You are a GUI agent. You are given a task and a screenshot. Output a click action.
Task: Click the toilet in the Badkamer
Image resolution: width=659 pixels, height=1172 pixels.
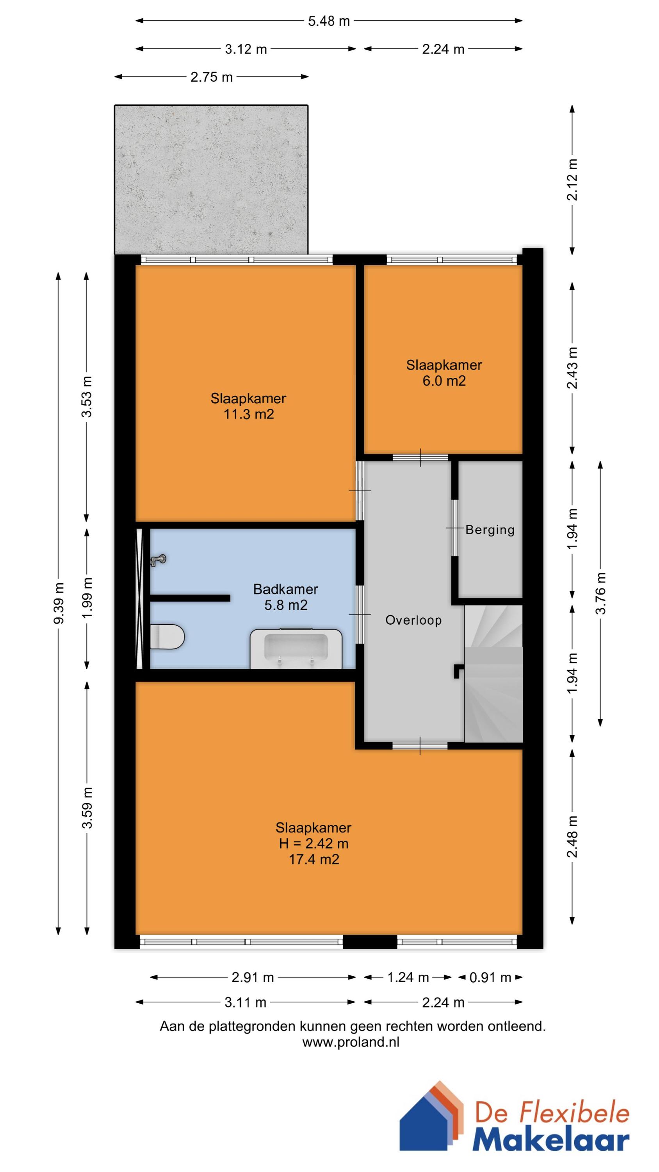[x=167, y=636]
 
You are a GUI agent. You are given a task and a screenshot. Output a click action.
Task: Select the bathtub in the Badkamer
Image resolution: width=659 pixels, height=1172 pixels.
[x=296, y=649]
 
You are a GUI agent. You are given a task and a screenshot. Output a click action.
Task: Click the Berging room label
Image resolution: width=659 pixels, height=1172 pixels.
[x=490, y=530]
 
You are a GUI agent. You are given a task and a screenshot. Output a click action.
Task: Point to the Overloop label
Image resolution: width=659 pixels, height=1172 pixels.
[x=413, y=620]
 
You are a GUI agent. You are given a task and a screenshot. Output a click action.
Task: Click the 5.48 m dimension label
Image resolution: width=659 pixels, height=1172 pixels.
[x=329, y=21]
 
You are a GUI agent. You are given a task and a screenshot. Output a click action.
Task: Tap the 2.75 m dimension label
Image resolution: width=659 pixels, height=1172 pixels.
[x=212, y=77]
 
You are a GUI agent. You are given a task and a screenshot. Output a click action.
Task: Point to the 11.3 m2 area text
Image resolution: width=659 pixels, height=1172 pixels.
[x=249, y=414]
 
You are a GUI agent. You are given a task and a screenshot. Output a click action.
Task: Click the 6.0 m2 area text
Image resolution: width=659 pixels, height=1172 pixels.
[x=444, y=381]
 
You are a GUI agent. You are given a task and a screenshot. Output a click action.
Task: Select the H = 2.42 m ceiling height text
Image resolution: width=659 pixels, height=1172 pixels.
[x=314, y=843]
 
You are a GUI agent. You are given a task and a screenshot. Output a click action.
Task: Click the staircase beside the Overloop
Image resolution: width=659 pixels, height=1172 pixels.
[x=493, y=674]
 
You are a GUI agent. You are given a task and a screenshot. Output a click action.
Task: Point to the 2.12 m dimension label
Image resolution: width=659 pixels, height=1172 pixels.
[x=573, y=179]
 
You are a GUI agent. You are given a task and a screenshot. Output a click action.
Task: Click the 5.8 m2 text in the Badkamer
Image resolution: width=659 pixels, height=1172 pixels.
[x=286, y=605]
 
